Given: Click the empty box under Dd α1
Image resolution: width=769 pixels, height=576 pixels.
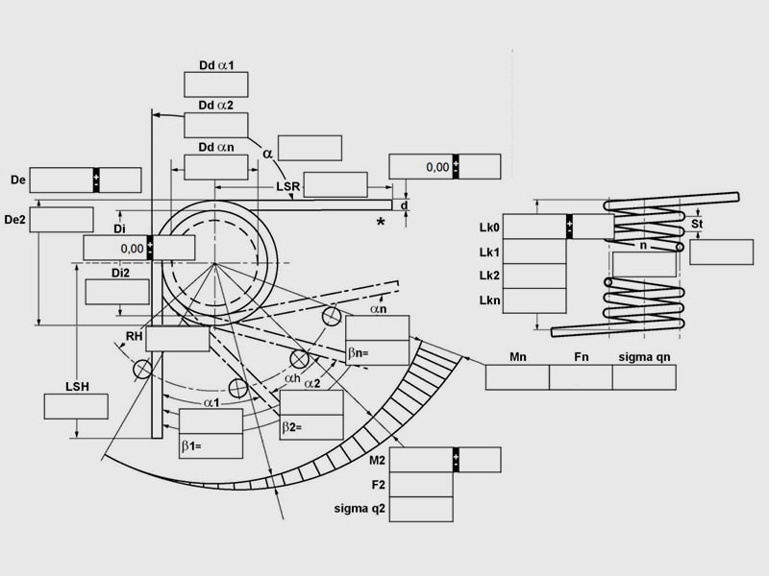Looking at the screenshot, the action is coord(215,84).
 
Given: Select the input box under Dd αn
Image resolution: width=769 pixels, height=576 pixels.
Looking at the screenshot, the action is coord(215,167).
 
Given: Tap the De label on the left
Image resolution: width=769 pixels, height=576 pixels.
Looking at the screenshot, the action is coord(18,180).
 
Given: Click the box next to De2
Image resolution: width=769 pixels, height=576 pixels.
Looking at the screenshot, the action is coord(62,220).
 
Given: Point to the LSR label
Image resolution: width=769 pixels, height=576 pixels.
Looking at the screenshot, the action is coord(287,186).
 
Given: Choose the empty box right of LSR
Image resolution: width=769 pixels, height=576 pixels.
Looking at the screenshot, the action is coord(335,184).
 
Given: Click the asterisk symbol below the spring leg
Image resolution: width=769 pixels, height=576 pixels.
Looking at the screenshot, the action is coord(381,223).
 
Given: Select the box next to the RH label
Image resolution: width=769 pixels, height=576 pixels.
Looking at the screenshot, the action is coord(178,339).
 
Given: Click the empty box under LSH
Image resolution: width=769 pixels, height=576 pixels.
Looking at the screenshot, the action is coord(76,406).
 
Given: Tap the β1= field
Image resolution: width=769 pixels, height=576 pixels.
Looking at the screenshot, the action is coord(211,446).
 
